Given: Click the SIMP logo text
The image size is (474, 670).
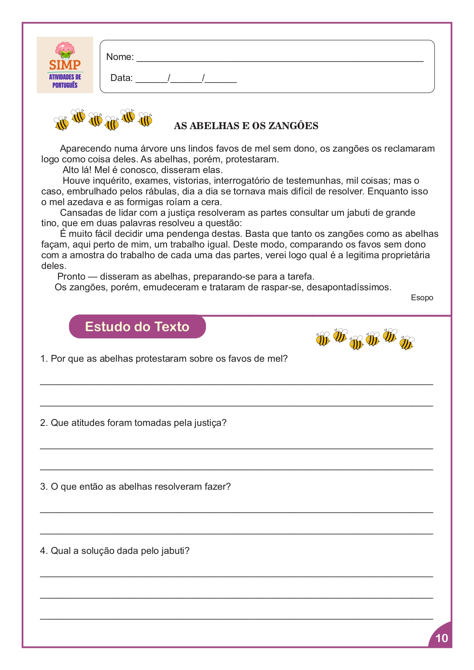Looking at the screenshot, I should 65,65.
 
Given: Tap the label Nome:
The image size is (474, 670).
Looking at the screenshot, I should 120,57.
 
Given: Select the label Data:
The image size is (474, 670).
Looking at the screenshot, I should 121,78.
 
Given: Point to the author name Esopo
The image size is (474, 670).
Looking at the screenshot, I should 422,298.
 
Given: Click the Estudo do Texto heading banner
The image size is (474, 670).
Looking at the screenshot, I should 137,327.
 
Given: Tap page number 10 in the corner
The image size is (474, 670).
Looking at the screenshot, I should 441,638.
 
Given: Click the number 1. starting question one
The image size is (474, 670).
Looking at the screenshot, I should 44,359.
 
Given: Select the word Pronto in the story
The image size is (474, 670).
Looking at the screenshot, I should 71,277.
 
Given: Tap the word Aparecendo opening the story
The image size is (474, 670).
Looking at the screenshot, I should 86,149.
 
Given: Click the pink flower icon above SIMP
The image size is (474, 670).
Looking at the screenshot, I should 65,50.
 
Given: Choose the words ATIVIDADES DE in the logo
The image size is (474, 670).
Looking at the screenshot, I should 65,77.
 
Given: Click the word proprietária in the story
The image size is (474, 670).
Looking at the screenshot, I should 406,255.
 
